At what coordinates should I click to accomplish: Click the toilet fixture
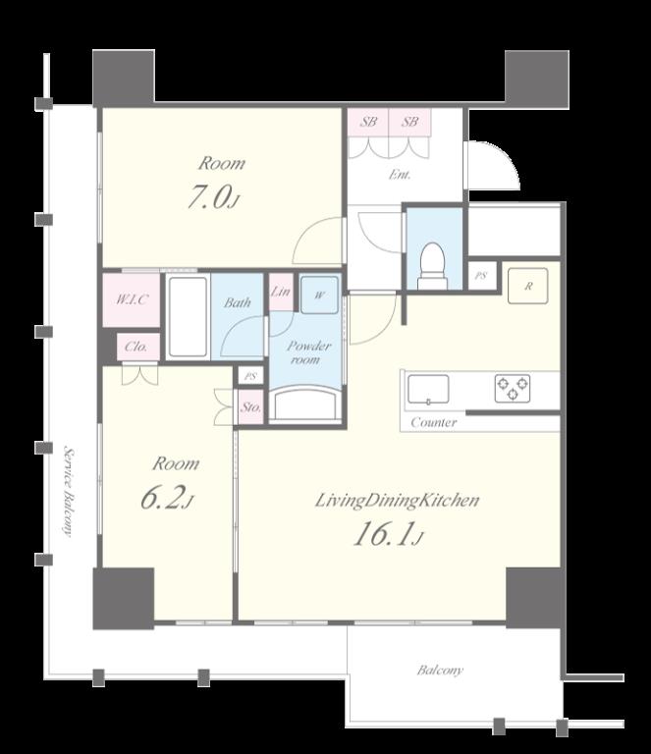[432, 266]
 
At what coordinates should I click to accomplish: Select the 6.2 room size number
[167, 498]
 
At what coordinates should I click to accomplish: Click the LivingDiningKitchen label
[397, 501]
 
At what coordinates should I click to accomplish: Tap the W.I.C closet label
[132, 299]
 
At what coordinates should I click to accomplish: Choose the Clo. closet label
[136, 347]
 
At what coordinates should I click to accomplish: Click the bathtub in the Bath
[188, 316]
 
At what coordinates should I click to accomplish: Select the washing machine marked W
[319, 295]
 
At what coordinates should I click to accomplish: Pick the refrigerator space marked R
[528, 286]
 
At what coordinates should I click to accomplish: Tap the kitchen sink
[428, 389]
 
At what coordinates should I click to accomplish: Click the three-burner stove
[513, 389]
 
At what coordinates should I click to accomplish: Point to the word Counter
[434, 423]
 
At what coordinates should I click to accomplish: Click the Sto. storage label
[251, 407]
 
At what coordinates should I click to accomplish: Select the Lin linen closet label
[280, 292]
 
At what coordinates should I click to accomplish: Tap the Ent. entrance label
[400, 175]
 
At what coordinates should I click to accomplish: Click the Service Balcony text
[69, 492]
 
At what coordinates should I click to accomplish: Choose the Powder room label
[307, 352]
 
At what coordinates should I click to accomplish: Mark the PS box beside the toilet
[481, 276]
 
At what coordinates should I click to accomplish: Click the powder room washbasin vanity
[304, 404]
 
